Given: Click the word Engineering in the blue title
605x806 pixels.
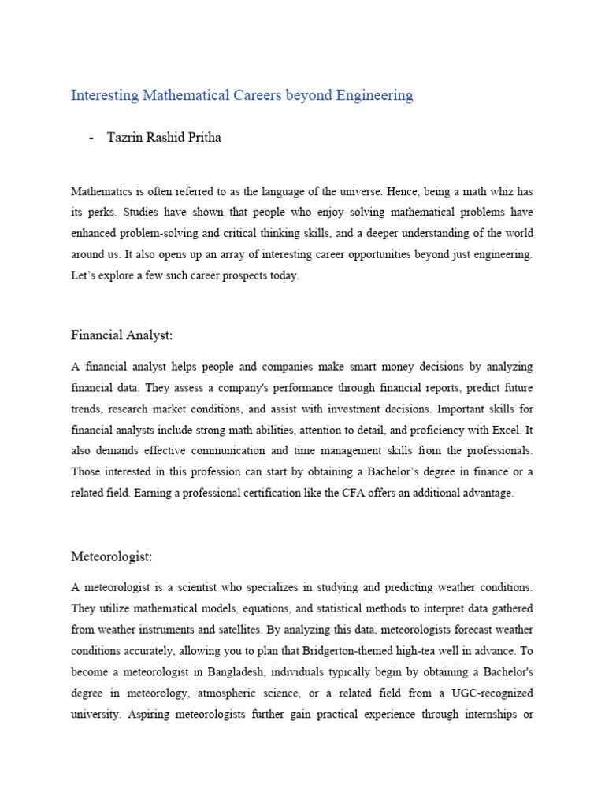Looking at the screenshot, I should coord(374,95).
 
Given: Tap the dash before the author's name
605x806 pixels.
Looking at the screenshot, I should coord(92,138).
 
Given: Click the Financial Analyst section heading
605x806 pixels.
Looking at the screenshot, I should coord(121,335).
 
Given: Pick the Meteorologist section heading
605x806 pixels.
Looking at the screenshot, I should coord(111,556).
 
